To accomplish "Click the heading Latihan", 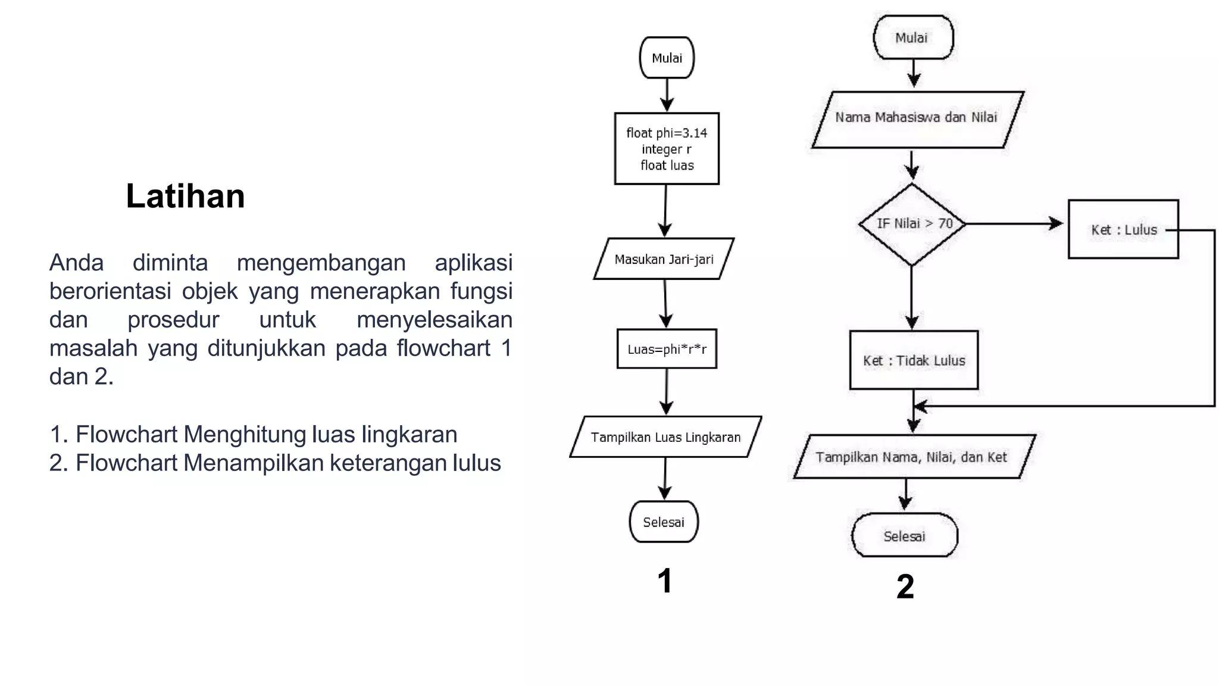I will click(185, 196).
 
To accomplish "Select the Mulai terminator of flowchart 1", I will click(667, 58).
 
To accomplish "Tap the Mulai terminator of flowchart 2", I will click(912, 38).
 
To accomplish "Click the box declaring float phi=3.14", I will click(667, 149).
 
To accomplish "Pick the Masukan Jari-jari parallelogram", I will click(664, 259).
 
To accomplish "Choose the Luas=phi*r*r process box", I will click(667, 349).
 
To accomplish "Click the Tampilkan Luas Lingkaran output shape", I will click(665, 437).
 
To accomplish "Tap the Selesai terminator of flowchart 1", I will click(664, 522).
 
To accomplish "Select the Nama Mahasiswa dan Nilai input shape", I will click(917, 118).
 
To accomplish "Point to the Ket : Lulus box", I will click(1123, 230).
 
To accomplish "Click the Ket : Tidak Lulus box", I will click(914, 360).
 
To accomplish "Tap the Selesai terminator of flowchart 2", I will click(905, 536).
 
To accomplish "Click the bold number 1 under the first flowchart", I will click(665, 581).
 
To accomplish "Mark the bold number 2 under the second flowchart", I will click(905, 587).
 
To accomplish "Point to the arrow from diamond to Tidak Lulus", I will click(912, 298).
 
